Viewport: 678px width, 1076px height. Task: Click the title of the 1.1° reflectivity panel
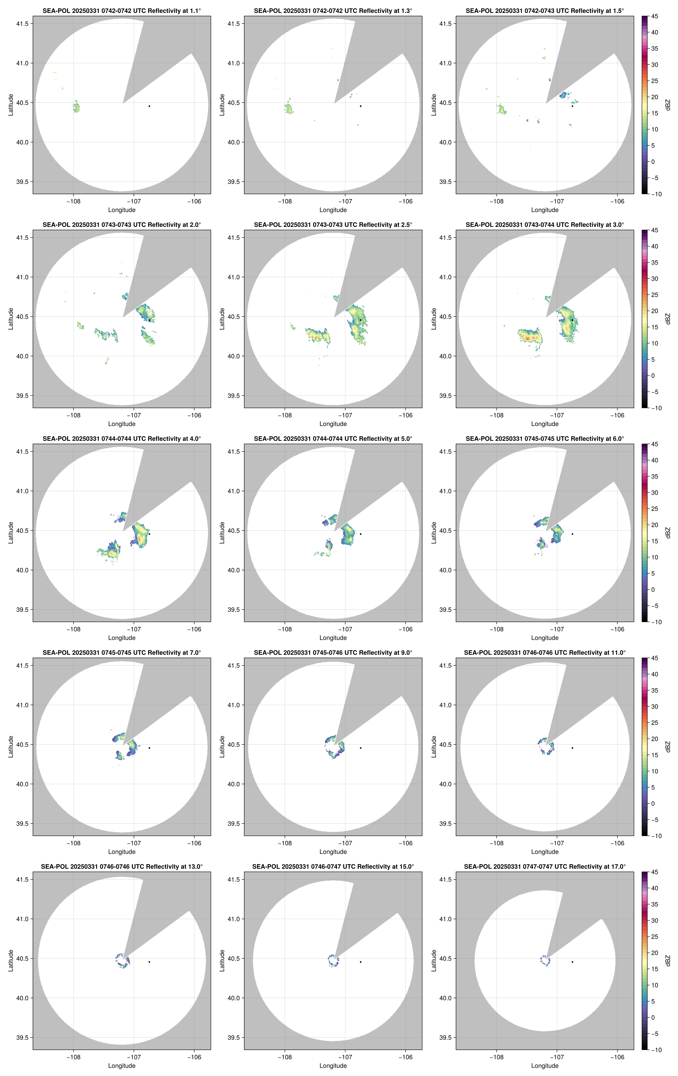(122, 11)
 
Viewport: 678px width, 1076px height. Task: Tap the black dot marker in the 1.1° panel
(149, 106)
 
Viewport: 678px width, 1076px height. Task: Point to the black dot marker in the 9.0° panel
(361, 748)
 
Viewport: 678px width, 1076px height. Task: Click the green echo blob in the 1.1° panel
(76, 107)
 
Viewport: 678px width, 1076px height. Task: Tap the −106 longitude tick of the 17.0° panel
(617, 1057)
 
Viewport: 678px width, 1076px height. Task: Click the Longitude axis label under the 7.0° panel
(122, 852)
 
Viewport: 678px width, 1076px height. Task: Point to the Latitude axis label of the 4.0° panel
(11, 533)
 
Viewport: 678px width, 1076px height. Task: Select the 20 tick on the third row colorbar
(654, 525)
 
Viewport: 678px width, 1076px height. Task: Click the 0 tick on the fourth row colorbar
(653, 803)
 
